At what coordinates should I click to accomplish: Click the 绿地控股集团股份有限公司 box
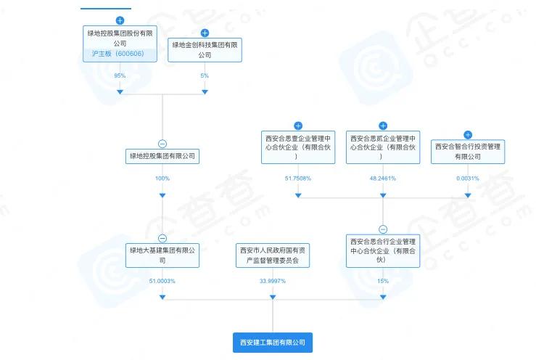[120, 38]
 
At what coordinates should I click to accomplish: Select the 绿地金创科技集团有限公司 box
[205, 49]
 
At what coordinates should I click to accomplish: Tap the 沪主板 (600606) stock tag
[120, 54]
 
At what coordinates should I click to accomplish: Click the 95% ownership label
[120, 75]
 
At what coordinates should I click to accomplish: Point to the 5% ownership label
[205, 75]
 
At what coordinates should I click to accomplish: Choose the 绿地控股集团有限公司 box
[162, 156]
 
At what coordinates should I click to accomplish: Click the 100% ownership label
[162, 178]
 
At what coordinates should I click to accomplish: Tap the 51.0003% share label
[162, 281]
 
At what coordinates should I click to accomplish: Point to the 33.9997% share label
[273, 281]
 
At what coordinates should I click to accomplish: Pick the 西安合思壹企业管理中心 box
[298, 147]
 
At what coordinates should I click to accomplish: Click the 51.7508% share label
[298, 178]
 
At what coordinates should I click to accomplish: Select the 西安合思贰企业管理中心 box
[383, 147]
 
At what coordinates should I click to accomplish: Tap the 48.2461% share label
[383, 178]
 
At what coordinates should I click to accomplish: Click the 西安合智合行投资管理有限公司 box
[468, 151]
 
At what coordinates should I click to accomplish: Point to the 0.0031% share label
[468, 178]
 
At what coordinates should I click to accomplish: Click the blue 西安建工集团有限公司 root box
[273, 342]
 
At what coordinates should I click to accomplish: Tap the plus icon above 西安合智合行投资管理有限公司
[468, 134]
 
